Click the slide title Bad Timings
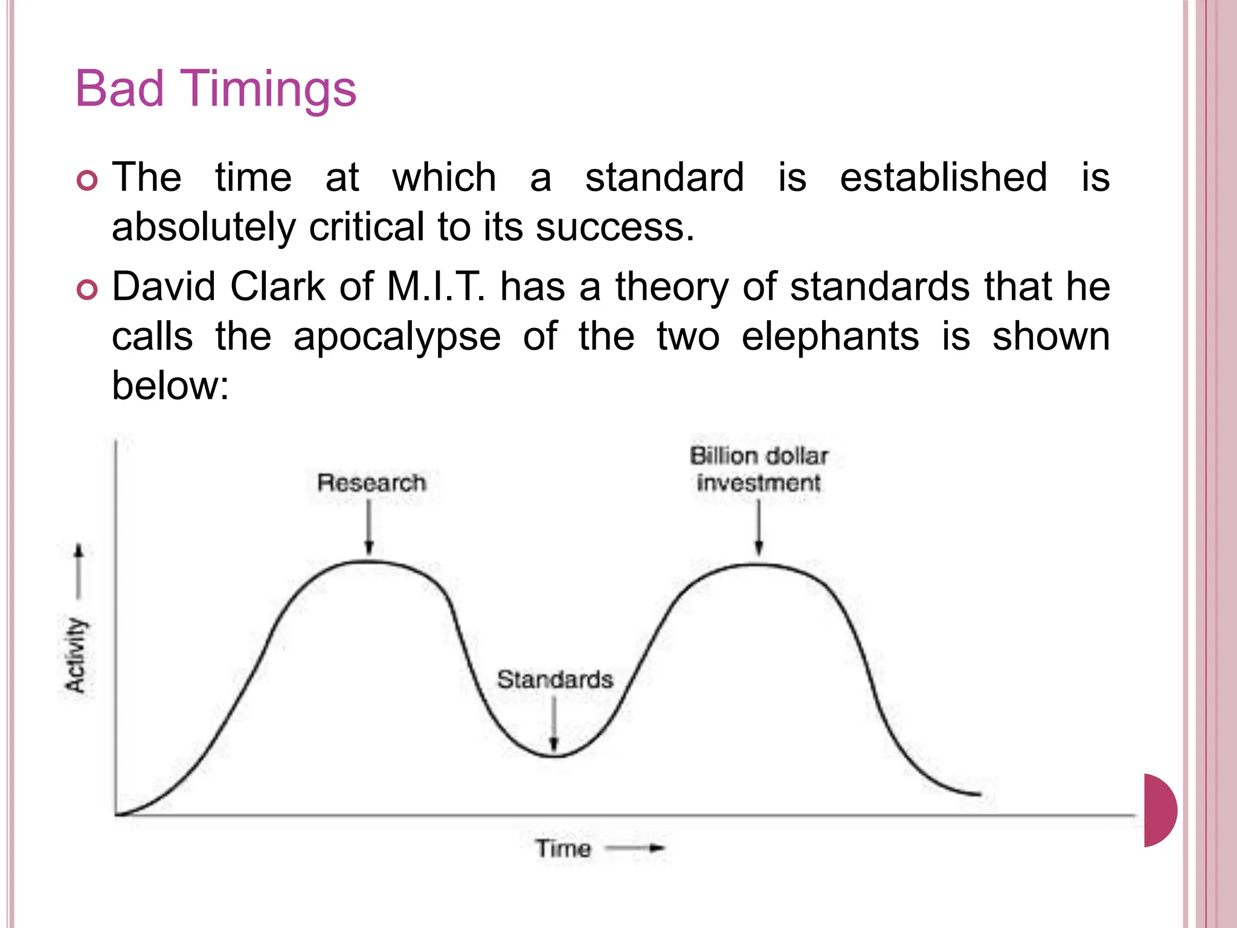(x=216, y=89)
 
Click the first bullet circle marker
(x=88, y=181)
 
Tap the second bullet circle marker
(x=88, y=290)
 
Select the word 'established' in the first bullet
(x=943, y=178)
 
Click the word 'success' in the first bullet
(x=613, y=228)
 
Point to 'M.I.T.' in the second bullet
(x=435, y=286)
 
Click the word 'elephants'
(x=830, y=337)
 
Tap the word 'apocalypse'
(x=397, y=338)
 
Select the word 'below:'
(x=170, y=385)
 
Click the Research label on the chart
(x=371, y=483)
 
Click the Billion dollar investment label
(x=759, y=469)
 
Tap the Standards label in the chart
(x=554, y=680)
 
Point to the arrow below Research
(x=369, y=527)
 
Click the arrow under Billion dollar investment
(x=759, y=527)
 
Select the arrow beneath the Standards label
(x=554, y=724)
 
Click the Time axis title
(x=563, y=849)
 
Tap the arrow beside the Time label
(x=635, y=848)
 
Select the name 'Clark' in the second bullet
(x=278, y=286)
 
